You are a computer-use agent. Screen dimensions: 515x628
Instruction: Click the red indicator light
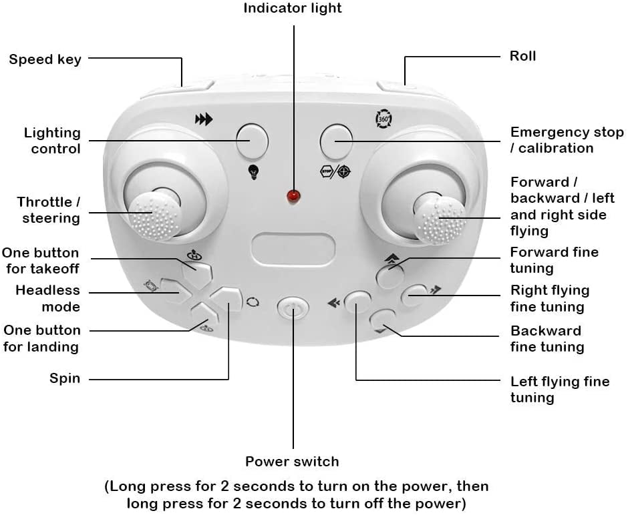(293, 196)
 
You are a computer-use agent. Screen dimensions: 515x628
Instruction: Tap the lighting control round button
(252, 140)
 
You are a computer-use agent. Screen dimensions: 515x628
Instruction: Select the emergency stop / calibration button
(336, 141)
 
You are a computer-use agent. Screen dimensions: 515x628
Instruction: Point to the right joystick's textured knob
(440, 217)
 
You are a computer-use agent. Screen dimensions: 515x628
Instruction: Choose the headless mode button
(176, 292)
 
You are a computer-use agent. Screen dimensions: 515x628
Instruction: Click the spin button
(227, 300)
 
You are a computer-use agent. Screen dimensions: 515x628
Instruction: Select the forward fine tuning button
(389, 275)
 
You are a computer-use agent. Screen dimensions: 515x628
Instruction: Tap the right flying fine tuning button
(414, 295)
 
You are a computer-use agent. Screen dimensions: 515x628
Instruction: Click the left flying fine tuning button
(357, 303)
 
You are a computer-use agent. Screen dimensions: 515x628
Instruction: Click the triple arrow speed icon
(204, 120)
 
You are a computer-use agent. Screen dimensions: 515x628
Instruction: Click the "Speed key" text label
(45, 59)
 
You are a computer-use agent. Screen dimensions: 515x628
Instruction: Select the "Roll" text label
(522, 56)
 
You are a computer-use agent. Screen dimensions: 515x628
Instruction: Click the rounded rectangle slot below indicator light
(293, 247)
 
